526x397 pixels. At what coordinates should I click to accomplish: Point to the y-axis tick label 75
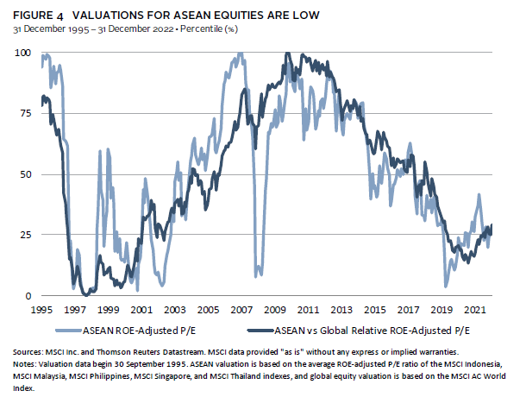point(24,113)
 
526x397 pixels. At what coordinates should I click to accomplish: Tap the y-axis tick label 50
point(24,174)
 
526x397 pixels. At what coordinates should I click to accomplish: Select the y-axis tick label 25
point(24,235)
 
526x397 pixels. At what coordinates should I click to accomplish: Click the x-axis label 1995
point(40,308)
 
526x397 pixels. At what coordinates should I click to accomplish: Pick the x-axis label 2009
point(275,308)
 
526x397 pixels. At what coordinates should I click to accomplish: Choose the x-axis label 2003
point(174,308)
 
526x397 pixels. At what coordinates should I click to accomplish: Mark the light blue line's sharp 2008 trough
point(257,274)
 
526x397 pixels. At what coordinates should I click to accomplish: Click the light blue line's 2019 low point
point(446,285)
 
